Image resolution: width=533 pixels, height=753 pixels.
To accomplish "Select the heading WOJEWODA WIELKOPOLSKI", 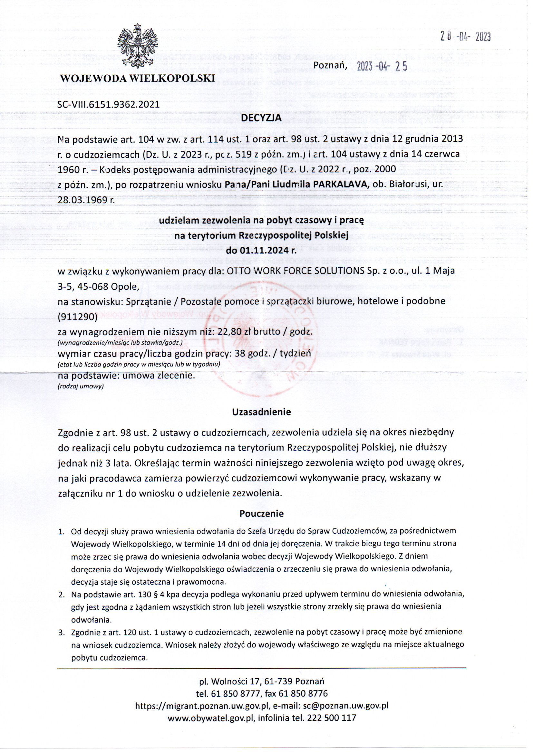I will (137, 78).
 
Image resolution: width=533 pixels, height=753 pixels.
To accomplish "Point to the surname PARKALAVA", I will (341, 185).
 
